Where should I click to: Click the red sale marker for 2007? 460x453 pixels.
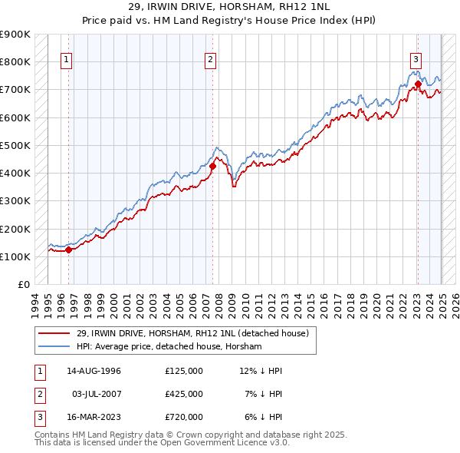[212, 166]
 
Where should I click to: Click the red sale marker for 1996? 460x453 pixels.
[68, 250]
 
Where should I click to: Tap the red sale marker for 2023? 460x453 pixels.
[418, 84]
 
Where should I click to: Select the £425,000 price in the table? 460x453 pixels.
[183, 394]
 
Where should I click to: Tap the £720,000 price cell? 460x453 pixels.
[183, 417]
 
